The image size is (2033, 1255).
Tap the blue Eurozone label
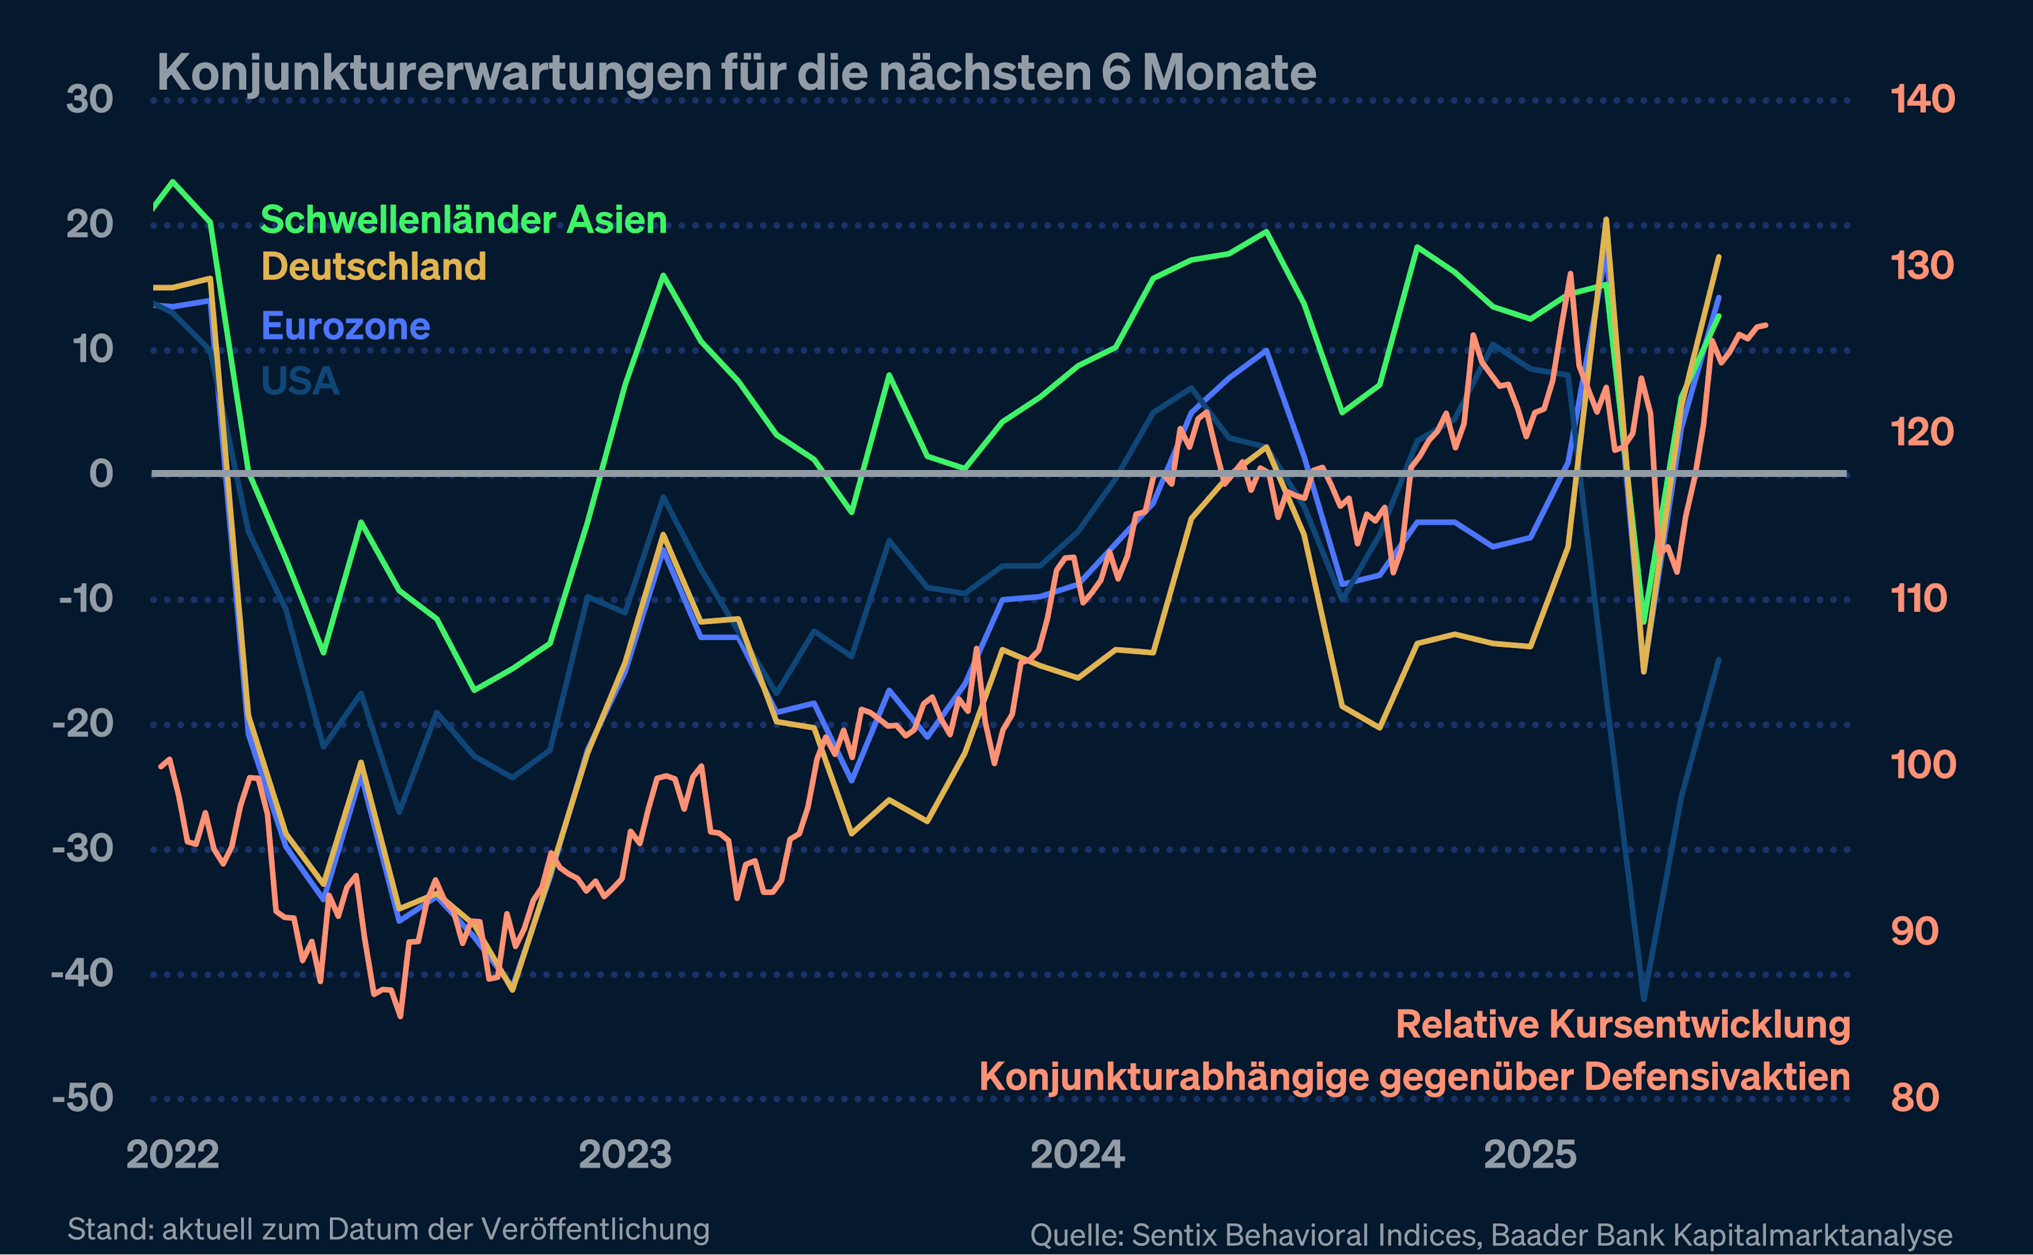pos(345,326)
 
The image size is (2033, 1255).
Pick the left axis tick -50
pos(83,1098)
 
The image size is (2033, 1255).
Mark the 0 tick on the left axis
pos(101,474)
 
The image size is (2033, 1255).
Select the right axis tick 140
pos(1922,100)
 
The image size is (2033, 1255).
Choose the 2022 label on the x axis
pos(173,1154)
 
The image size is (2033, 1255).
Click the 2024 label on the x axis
pos(1077,1154)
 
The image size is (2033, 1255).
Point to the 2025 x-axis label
pos(1530,1154)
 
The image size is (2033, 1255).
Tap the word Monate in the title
pos(1229,73)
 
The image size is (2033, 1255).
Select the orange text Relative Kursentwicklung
pos(1622,1024)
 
